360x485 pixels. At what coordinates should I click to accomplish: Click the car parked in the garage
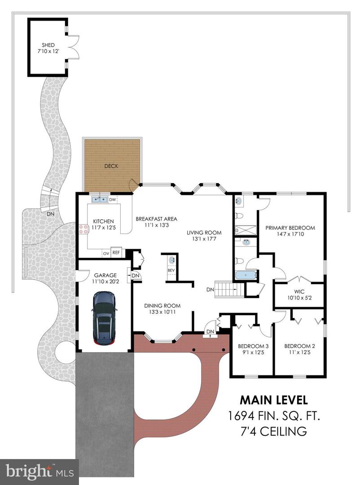pos(104,318)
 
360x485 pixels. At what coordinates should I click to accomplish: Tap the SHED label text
pos(48,44)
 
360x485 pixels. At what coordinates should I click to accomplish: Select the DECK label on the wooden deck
pos(111,166)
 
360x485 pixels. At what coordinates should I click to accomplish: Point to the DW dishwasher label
pos(113,199)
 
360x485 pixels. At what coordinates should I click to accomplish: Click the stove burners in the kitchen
pos(83,229)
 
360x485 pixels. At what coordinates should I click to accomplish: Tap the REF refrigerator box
pos(116,253)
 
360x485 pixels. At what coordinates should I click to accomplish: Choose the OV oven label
pos(106,253)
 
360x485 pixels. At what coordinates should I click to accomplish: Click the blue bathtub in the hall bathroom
pos(245,275)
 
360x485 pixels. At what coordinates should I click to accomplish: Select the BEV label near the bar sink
pos(171,271)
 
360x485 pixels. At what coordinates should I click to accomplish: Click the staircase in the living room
pos(229,289)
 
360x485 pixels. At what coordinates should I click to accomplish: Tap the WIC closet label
pos(299,291)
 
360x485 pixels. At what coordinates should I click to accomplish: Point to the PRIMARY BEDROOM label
pos(290,228)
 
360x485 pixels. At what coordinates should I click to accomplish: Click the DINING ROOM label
pos(162,306)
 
